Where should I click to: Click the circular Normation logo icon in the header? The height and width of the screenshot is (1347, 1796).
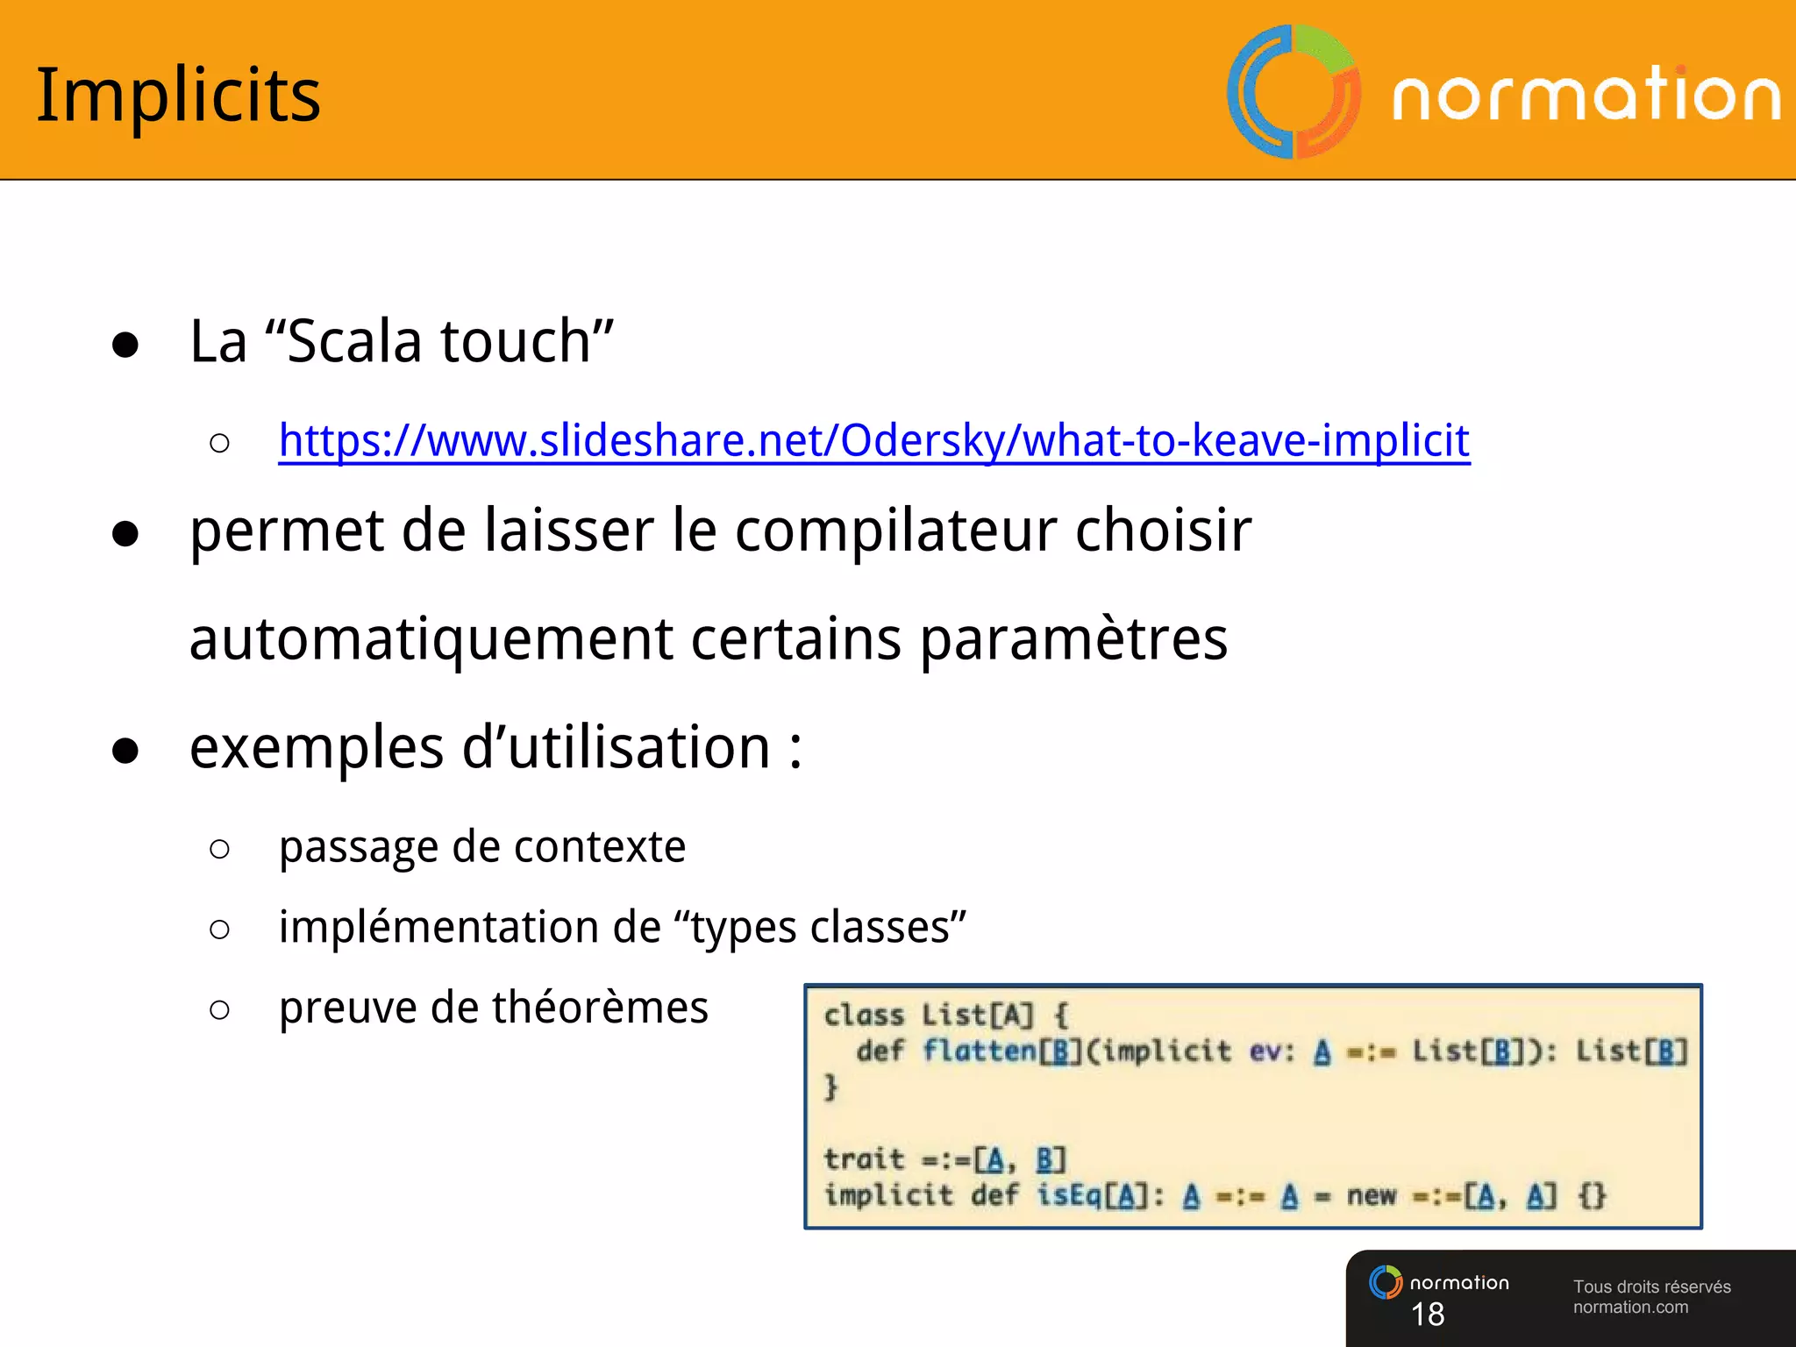point(1294,92)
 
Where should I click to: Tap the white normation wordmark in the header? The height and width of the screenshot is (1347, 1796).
point(1586,95)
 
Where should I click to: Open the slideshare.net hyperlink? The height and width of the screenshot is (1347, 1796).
point(873,440)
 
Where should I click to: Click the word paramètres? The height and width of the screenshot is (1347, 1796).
point(1073,638)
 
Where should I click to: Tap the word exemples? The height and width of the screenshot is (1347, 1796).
point(317,748)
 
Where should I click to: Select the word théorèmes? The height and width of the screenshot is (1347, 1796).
point(600,1008)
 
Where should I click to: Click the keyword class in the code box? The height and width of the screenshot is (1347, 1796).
point(864,1016)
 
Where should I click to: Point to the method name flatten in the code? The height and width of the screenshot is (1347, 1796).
point(979,1051)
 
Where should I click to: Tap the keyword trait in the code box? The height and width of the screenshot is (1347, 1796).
point(864,1159)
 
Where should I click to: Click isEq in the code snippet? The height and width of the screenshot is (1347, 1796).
point(1069,1195)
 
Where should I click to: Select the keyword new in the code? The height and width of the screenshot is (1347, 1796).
point(1371,1195)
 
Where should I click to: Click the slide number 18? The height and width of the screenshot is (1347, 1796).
point(1428,1314)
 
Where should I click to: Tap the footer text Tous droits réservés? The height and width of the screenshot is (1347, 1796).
point(1651,1286)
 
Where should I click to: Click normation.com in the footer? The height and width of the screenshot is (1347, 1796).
point(1630,1308)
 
